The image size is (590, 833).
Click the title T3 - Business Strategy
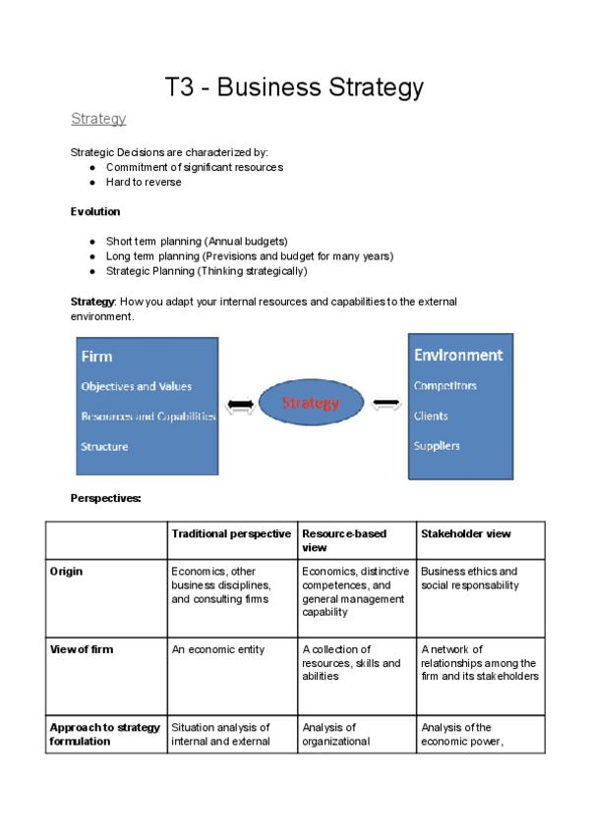294,87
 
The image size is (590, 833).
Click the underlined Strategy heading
98,119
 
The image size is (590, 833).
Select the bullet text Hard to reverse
144,182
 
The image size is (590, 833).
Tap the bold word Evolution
95,211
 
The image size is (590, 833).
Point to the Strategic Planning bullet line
206,271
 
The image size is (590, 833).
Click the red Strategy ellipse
311,403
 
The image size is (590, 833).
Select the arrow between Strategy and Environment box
385,403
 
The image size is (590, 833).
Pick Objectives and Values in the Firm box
136,386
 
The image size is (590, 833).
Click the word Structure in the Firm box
104,447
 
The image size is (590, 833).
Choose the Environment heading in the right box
458,355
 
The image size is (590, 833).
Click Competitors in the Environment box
445,386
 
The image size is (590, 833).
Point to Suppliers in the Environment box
437,446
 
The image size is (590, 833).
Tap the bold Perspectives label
105,498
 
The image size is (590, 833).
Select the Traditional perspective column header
231,533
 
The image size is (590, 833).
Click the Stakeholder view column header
466,533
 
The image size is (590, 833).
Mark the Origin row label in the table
66,571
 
